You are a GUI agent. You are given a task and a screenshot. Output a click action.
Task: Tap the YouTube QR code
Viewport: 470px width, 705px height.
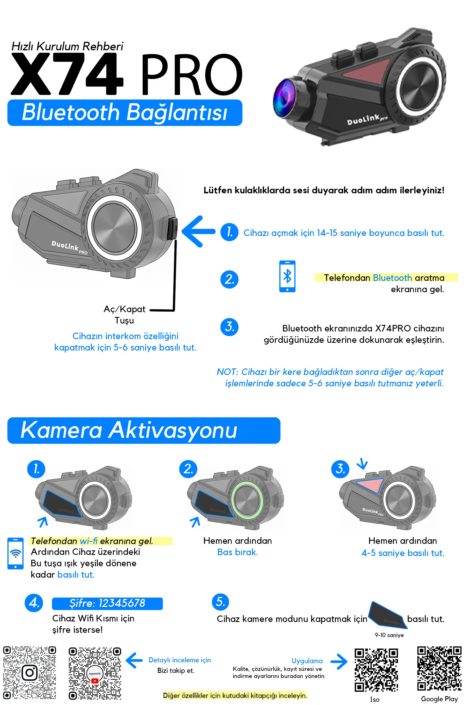pos(95,673)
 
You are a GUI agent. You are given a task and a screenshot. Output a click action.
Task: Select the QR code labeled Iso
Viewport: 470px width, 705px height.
pos(376,670)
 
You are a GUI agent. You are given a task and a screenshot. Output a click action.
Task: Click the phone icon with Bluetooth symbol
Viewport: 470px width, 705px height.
pos(287,276)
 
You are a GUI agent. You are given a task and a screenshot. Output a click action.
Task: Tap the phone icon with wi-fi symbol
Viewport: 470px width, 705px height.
pos(15,553)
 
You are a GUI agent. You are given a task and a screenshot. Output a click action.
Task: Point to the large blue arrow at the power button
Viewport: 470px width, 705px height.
pos(198,231)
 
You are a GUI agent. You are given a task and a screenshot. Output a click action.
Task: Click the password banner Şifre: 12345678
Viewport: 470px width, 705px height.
pos(107,603)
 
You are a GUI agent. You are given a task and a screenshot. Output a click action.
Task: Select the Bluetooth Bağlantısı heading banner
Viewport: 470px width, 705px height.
pos(125,113)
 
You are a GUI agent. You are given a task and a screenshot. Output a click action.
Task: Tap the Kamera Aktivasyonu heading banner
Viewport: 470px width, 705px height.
pos(144,430)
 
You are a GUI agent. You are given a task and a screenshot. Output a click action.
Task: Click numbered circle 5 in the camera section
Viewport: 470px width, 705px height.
pos(220,602)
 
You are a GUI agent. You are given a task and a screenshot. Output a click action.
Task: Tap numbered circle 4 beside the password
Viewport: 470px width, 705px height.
pos(34,603)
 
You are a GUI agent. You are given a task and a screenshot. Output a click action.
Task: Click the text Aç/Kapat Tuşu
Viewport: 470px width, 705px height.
pos(124,315)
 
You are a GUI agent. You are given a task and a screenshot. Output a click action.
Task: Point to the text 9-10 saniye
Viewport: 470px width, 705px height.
pos(389,635)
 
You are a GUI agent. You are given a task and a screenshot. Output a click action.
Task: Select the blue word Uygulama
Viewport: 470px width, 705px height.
pos(307,661)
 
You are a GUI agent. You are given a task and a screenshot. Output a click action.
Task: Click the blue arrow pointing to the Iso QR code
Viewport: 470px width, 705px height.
pos(339,662)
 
